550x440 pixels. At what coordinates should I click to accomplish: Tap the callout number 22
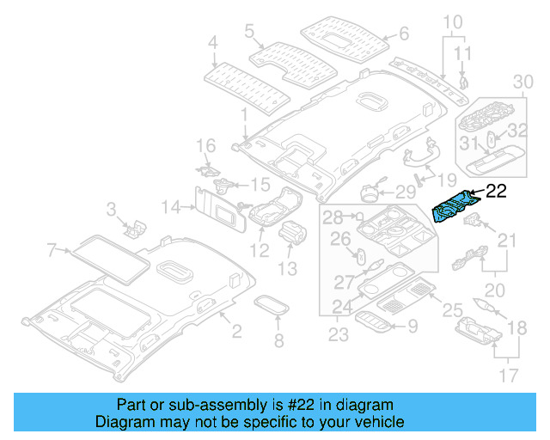(x=498, y=191)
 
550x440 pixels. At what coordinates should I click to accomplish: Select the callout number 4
(x=213, y=40)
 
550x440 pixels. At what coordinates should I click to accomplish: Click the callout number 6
(x=404, y=34)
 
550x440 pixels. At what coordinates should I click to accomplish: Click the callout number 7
(x=52, y=250)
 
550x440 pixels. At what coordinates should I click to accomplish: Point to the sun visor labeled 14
(x=215, y=207)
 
